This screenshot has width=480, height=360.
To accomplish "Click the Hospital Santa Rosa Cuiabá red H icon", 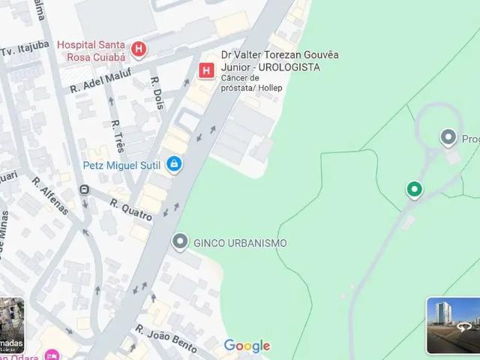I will click(x=139, y=50).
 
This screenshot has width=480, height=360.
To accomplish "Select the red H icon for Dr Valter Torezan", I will click(x=206, y=70).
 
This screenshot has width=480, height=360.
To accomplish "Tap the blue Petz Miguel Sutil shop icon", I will click(x=174, y=163).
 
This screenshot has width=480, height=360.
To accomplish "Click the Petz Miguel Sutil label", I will click(x=123, y=164).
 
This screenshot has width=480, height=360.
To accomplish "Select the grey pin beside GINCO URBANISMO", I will click(x=180, y=242).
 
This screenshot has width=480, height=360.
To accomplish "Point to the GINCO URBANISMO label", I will click(x=240, y=243).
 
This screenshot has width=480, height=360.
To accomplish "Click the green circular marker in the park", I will click(x=413, y=189).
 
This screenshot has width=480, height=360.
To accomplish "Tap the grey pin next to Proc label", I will click(x=448, y=137).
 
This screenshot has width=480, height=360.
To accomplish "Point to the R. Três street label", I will click(x=118, y=134).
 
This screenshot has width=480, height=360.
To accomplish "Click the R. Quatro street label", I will click(x=131, y=209).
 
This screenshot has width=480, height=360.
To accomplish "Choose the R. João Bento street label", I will click(x=166, y=338).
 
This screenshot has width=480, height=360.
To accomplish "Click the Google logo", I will click(x=247, y=346).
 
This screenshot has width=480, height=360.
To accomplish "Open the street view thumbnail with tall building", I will click(x=453, y=325).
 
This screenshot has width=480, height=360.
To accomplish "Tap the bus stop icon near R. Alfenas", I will click(x=84, y=189).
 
